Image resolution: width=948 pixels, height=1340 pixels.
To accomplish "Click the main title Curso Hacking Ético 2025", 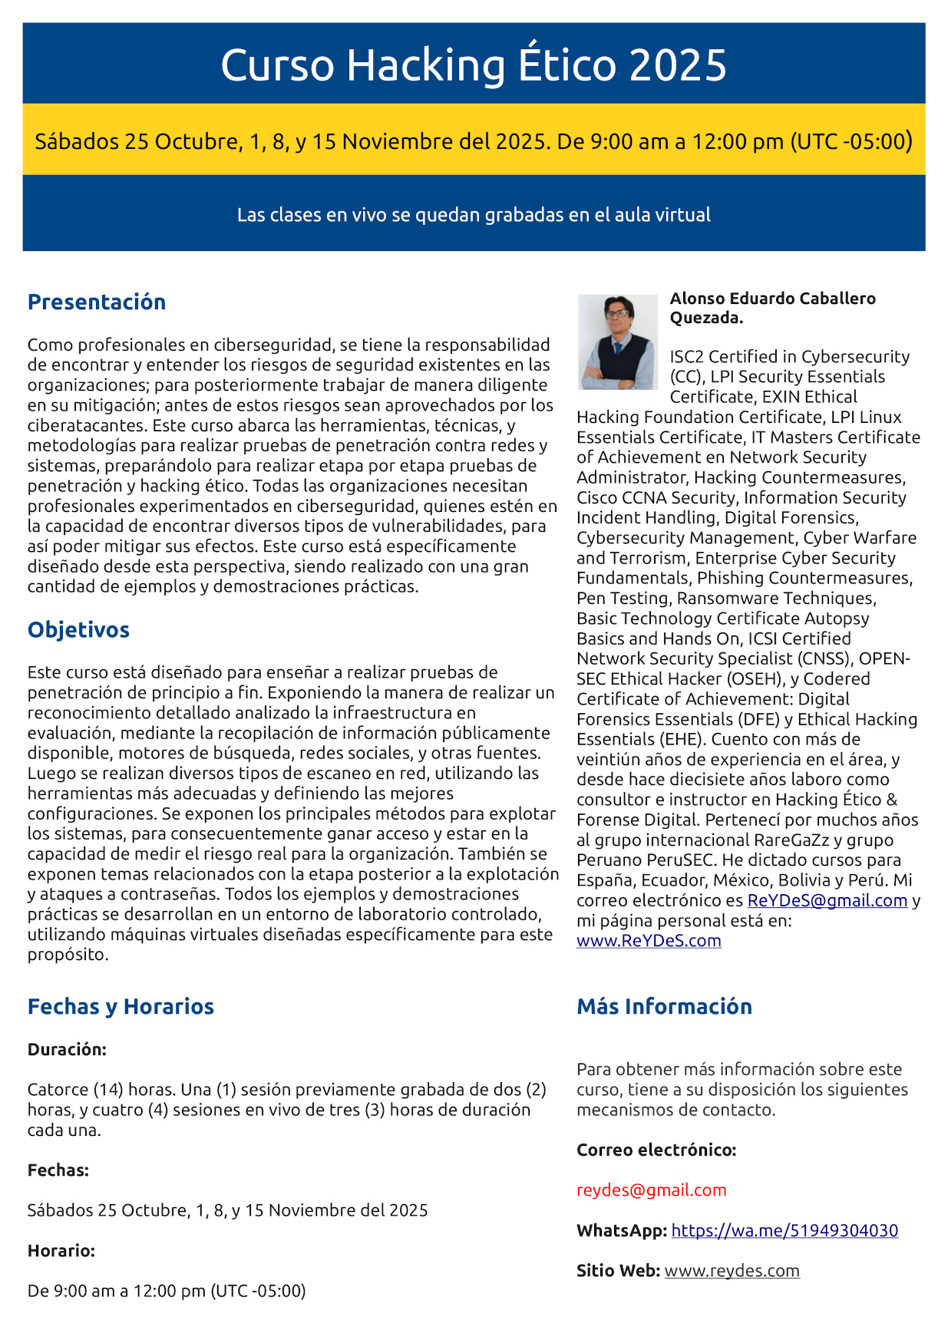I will [x=474, y=64].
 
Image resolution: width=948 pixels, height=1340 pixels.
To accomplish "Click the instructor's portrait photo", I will [x=617, y=342].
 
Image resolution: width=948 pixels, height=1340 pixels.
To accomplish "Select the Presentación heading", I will [x=97, y=302].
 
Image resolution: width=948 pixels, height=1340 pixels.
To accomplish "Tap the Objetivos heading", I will [x=78, y=629].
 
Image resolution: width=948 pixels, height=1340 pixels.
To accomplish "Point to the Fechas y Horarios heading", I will [x=121, y=1006].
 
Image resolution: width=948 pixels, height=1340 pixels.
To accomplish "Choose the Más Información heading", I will [x=664, y=1006].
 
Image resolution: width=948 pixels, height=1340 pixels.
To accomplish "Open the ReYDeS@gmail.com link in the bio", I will [x=827, y=900].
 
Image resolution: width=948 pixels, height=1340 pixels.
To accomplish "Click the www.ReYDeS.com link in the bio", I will [x=649, y=940].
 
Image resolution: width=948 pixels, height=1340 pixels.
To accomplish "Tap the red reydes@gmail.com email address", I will [x=651, y=1190].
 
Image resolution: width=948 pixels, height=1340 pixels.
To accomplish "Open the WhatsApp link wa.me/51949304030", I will [x=784, y=1230].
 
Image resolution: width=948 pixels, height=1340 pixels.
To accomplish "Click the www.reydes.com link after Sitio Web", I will [x=732, y=1270].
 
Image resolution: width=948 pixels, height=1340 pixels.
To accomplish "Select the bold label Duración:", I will [x=67, y=1049].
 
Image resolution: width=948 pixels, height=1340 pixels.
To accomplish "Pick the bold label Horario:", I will [x=61, y=1250].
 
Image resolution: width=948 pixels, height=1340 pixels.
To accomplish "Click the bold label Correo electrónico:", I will [x=656, y=1150].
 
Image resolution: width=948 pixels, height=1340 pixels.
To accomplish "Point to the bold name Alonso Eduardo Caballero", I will [x=772, y=299].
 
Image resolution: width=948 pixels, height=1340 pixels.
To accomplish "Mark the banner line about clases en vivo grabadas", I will [x=474, y=215].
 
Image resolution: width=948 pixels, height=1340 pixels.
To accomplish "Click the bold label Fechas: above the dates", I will [x=58, y=1170].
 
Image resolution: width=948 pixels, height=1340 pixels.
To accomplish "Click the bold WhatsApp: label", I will [x=622, y=1230].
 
